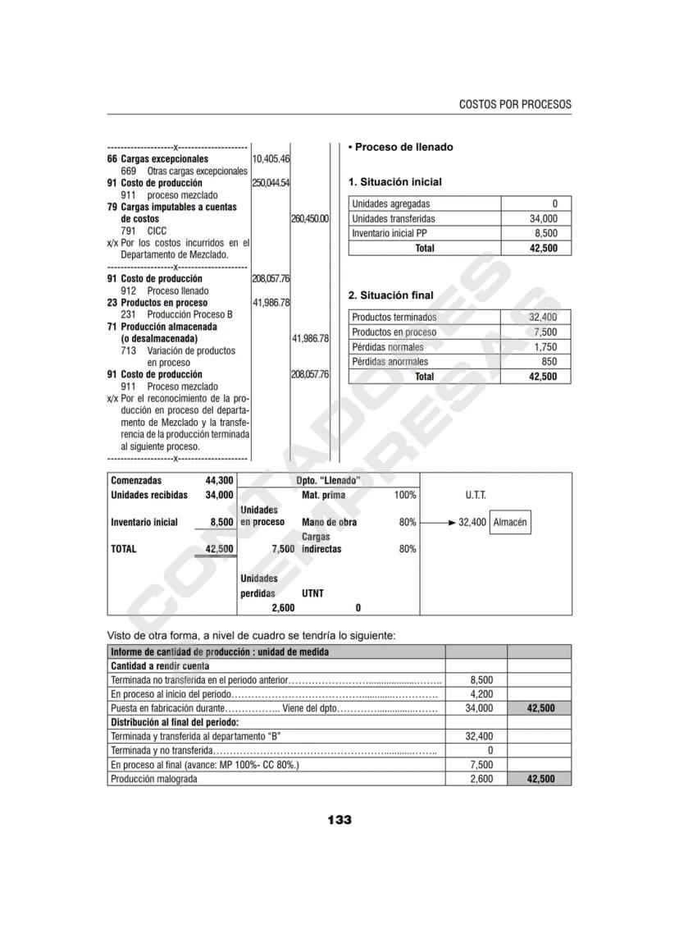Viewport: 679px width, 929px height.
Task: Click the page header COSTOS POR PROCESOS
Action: [515, 105]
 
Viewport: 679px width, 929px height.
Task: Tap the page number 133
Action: [339, 820]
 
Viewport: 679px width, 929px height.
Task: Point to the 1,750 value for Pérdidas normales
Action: [545, 347]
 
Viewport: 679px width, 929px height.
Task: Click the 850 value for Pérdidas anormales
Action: [549, 362]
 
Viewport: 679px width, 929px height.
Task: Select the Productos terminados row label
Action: [394, 318]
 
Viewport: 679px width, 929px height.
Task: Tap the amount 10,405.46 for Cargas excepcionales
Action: [271, 158]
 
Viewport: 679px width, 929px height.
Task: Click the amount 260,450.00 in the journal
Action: [310, 219]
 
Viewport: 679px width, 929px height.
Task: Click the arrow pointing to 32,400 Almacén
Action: [440, 522]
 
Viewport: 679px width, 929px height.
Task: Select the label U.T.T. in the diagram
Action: [475, 496]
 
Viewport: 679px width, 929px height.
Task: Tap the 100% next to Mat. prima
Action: [405, 496]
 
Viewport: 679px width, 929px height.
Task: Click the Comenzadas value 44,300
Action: [219, 481]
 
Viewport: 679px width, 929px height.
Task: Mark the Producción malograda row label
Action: [154, 780]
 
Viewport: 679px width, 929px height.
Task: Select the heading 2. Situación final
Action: [391, 295]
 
